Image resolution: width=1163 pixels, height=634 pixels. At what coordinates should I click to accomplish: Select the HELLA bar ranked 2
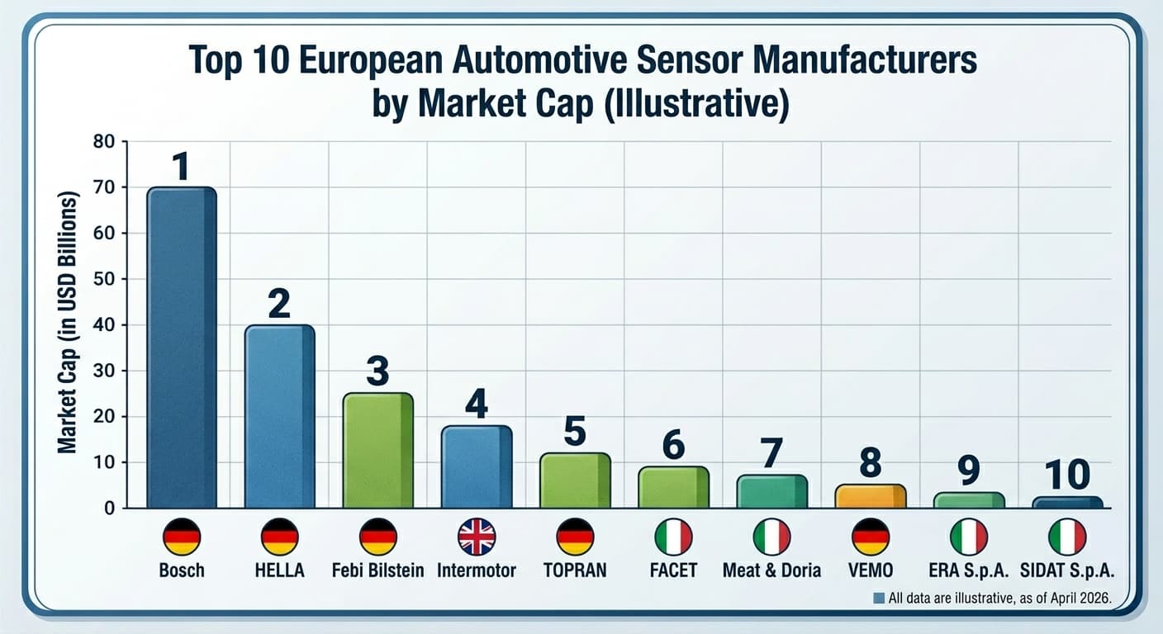pos(279,416)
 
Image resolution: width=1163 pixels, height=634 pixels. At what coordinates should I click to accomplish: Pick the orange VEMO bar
pos(870,496)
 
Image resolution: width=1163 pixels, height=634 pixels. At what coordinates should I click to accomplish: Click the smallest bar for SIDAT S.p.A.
pos(1066,502)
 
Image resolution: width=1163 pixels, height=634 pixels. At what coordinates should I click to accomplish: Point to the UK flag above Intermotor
pos(476,537)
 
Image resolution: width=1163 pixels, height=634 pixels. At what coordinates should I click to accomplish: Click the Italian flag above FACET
pos(672,537)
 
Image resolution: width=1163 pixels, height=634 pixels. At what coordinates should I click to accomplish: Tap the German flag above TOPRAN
pos(574,537)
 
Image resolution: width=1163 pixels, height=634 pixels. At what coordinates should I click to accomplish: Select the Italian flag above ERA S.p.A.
pos(968,537)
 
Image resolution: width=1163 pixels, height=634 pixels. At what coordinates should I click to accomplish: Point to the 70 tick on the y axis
pos(108,187)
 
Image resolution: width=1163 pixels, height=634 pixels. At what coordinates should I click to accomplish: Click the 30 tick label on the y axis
pos(108,371)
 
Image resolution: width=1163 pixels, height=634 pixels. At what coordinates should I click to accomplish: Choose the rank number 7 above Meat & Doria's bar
pos(771,454)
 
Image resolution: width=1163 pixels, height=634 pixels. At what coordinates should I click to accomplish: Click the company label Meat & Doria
pos(771,570)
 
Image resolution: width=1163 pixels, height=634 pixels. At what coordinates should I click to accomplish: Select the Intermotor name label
pos(476,570)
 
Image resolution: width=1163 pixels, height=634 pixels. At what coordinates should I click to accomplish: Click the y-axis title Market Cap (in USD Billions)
pos(67,322)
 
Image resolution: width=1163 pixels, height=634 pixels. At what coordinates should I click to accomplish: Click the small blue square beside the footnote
pos(879,599)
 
